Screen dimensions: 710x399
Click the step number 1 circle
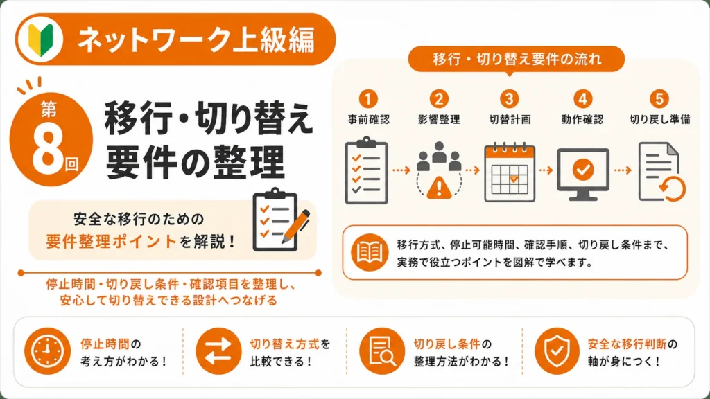(368, 98)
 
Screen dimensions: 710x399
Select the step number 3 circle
(510, 98)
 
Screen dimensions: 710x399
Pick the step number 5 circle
(659, 98)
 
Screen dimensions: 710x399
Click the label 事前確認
(369, 119)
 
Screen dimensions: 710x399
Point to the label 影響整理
(439, 119)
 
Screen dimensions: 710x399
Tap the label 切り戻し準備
(660, 119)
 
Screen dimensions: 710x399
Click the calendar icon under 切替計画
(510, 172)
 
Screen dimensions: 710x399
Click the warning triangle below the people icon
(438, 187)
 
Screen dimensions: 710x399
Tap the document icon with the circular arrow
(661, 172)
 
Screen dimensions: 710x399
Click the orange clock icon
(47, 351)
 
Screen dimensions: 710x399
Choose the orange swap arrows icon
(218, 351)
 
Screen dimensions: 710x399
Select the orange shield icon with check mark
(557, 351)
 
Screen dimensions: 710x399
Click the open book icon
(370, 252)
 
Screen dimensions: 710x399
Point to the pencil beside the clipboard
(295, 227)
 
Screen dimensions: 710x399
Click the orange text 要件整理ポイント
(111, 241)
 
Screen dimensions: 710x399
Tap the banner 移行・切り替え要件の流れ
(517, 60)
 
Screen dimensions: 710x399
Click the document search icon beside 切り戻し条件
(382, 351)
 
